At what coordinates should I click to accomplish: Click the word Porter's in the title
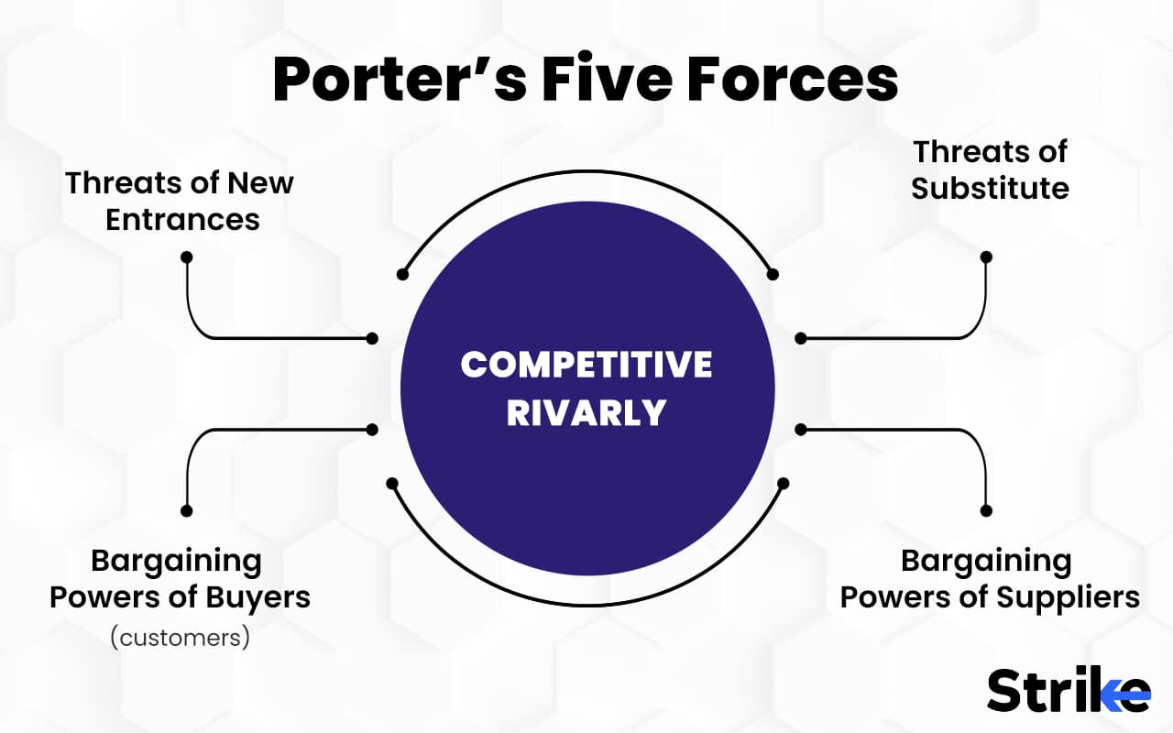(398, 79)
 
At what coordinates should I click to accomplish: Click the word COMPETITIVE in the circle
(586, 365)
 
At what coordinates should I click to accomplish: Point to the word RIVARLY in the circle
(586, 412)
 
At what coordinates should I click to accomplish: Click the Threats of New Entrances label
(181, 201)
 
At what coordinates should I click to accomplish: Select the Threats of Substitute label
(990, 170)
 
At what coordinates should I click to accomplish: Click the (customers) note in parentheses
(180, 637)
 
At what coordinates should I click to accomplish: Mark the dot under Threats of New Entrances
(187, 257)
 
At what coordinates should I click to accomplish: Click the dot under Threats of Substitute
(986, 257)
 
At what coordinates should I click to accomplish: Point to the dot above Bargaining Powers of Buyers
(187, 510)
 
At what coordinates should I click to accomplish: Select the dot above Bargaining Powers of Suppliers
(987, 510)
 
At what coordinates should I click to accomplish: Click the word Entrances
(182, 220)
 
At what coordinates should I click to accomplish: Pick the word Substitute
(990, 189)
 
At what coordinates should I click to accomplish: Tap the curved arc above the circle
(586, 171)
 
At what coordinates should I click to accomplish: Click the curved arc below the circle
(586, 605)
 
